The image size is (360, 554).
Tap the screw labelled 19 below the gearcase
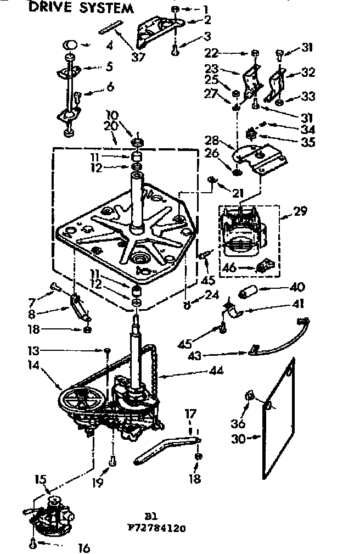[112, 462]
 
